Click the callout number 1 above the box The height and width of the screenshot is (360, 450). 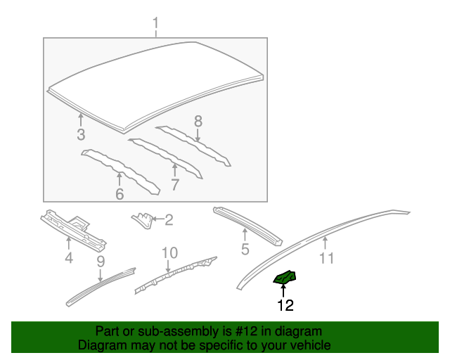[155, 27]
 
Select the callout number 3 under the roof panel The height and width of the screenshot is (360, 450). [81, 134]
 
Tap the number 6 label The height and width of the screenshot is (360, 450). [120, 193]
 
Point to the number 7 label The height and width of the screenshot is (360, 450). [174, 185]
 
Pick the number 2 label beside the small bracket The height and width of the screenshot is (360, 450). [169, 220]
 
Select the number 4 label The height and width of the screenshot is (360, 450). [68, 258]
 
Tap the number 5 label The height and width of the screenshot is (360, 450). [245, 249]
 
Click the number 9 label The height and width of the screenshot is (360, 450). [101, 262]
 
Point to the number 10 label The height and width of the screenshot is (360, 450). [169, 252]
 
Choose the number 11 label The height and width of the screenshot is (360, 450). [326, 258]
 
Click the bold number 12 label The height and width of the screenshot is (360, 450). [285, 305]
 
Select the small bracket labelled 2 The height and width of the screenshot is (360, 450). [143, 220]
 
